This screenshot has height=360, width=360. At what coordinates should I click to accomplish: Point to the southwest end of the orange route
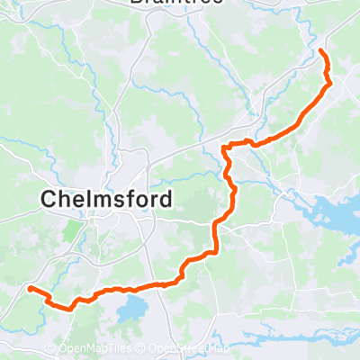pos(30,289)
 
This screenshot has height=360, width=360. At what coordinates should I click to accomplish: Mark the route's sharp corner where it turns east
pos(224,145)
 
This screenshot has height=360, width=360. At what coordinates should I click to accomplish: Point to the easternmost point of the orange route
pos(330,84)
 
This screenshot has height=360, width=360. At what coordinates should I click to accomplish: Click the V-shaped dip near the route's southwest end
pos(68,307)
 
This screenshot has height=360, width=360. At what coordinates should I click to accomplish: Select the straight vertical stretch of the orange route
pos(216,236)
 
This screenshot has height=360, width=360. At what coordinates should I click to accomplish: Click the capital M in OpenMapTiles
pos(85,349)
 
